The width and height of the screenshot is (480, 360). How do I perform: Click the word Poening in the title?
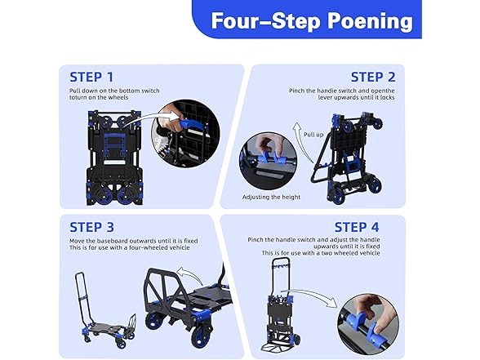371,20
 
